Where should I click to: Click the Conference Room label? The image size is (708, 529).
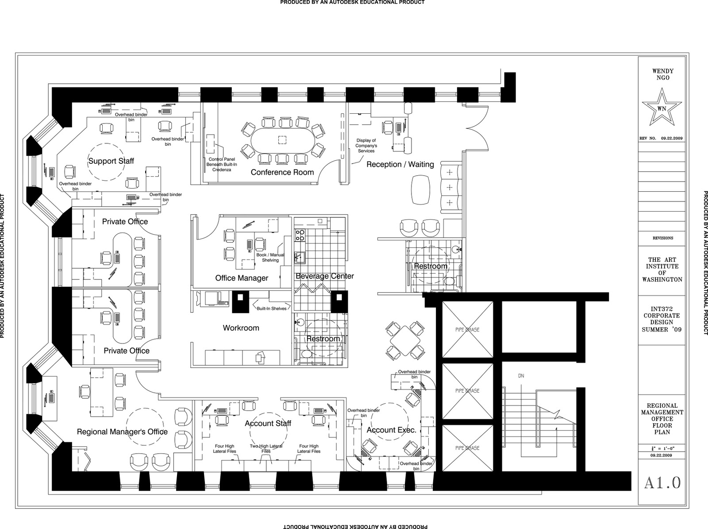[282, 172]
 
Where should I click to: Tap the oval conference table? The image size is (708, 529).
[282, 140]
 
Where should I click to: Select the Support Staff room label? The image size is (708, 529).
[111, 161]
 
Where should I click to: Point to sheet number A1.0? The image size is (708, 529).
[662, 483]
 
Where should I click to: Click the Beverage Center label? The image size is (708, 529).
[325, 276]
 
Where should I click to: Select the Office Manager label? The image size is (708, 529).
[242, 278]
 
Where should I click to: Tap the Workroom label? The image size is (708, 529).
[241, 328]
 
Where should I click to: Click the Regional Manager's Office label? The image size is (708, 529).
[122, 432]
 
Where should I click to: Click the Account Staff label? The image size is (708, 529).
[268, 424]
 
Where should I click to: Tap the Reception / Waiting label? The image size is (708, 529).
[400, 164]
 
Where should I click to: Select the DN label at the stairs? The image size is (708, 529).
[521, 376]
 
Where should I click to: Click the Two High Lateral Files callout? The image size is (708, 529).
[266, 449]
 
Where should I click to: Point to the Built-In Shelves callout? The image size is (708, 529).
[272, 308]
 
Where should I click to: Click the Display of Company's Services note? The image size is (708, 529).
[366, 146]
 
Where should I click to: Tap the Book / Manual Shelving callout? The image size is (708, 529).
[270, 257]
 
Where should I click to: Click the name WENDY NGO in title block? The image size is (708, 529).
[662, 74]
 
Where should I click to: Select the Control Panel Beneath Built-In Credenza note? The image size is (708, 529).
[221, 164]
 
